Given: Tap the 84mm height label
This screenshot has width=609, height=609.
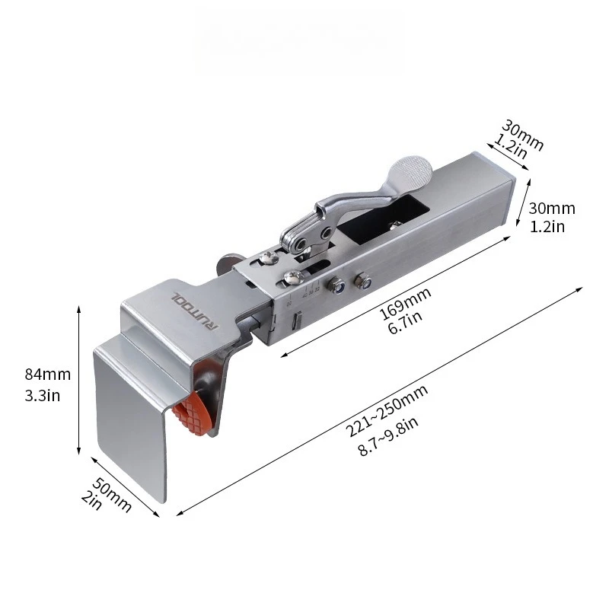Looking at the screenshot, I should coord(47,375).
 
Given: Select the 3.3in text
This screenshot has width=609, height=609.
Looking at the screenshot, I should coord(45,396).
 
